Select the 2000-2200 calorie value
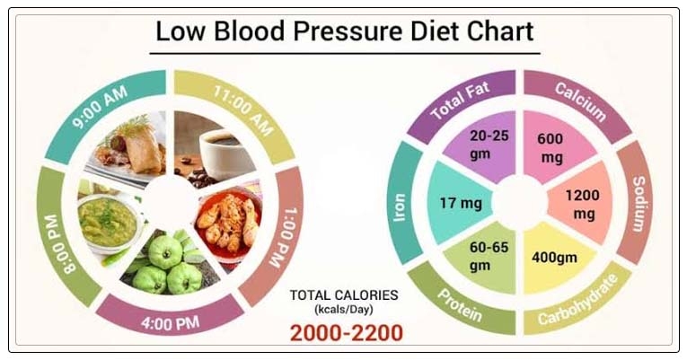[346, 333]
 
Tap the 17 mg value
[460, 203]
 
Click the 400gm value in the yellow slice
[554, 259]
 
